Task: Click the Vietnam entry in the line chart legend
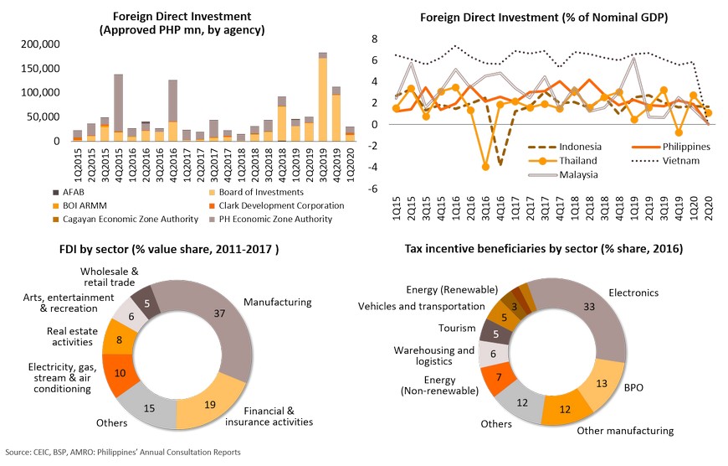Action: click(x=685, y=160)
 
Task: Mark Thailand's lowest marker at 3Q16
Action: click(x=485, y=167)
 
